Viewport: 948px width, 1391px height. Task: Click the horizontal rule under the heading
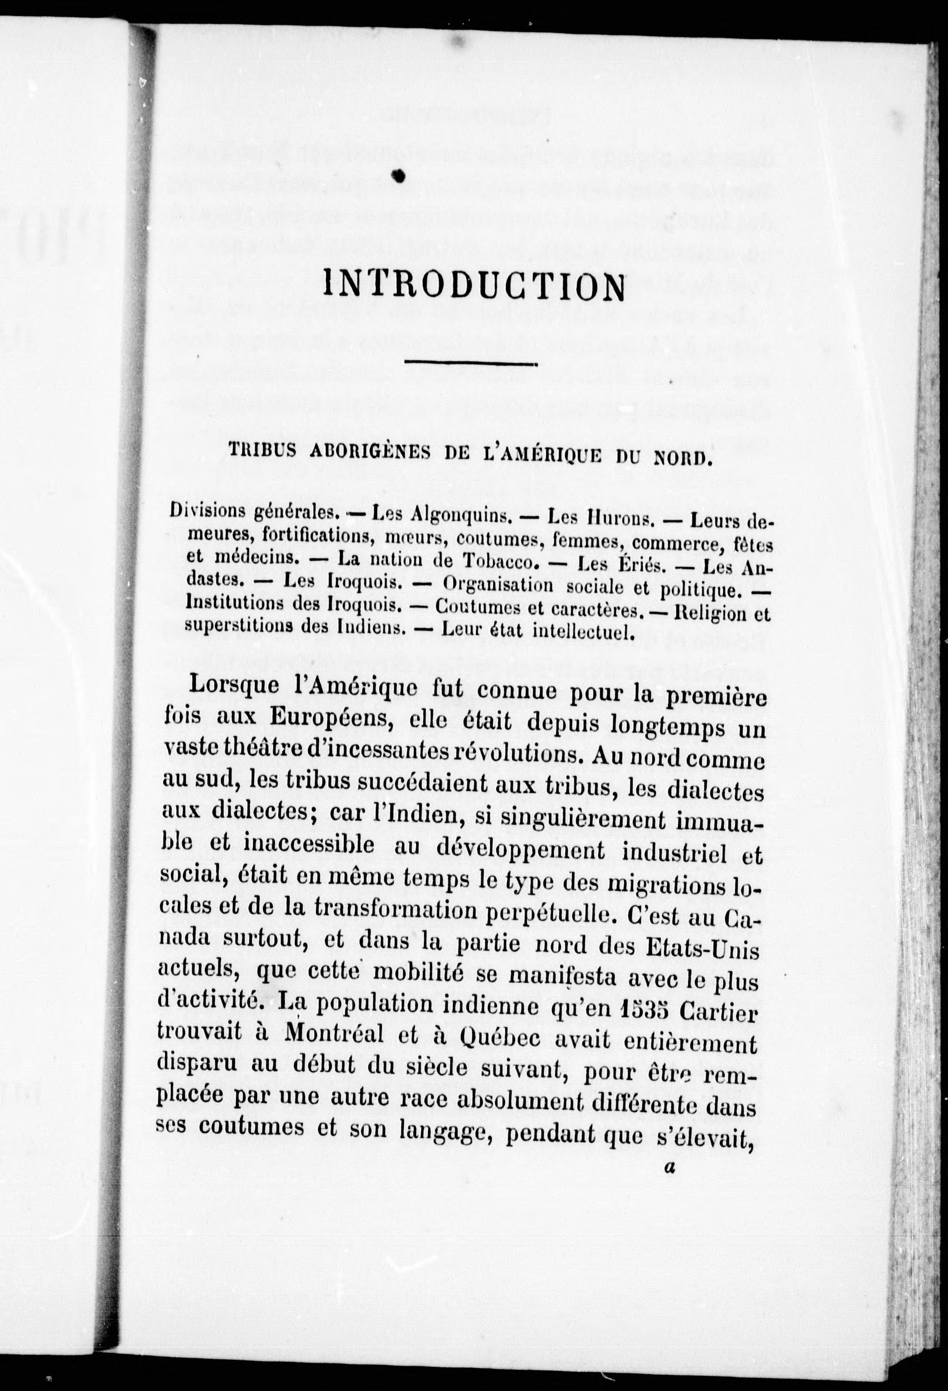click(x=472, y=363)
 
